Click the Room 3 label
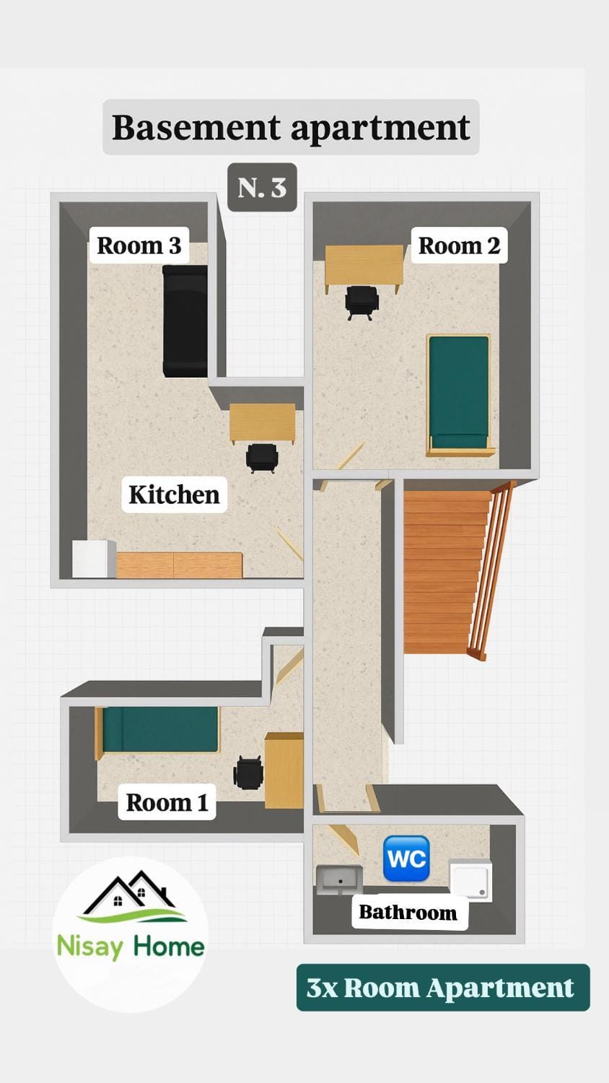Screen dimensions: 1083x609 pos(139,245)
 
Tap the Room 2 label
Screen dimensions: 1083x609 pos(459,245)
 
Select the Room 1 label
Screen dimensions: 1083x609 pos(167,802)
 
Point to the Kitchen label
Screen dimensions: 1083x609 pos(174,495)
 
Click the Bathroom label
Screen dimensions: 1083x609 pos(408,912)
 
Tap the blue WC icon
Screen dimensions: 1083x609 pos(406,858)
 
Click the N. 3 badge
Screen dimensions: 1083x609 pos(262,188)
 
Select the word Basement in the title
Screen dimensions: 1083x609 pos(196,127)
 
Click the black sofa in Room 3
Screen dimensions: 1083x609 pos(185,321)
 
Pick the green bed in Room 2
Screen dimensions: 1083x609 pos(459,393)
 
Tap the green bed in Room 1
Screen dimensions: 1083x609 pos(159,729)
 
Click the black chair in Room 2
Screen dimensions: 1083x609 pos(362,302)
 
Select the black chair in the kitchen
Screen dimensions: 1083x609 pos(262,457)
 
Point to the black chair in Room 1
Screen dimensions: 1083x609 pos(248,773)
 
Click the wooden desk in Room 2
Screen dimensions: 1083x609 pos(364,266)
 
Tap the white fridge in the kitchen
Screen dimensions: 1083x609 pos(94,559)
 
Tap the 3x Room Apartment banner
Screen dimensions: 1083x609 pos(442,987)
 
